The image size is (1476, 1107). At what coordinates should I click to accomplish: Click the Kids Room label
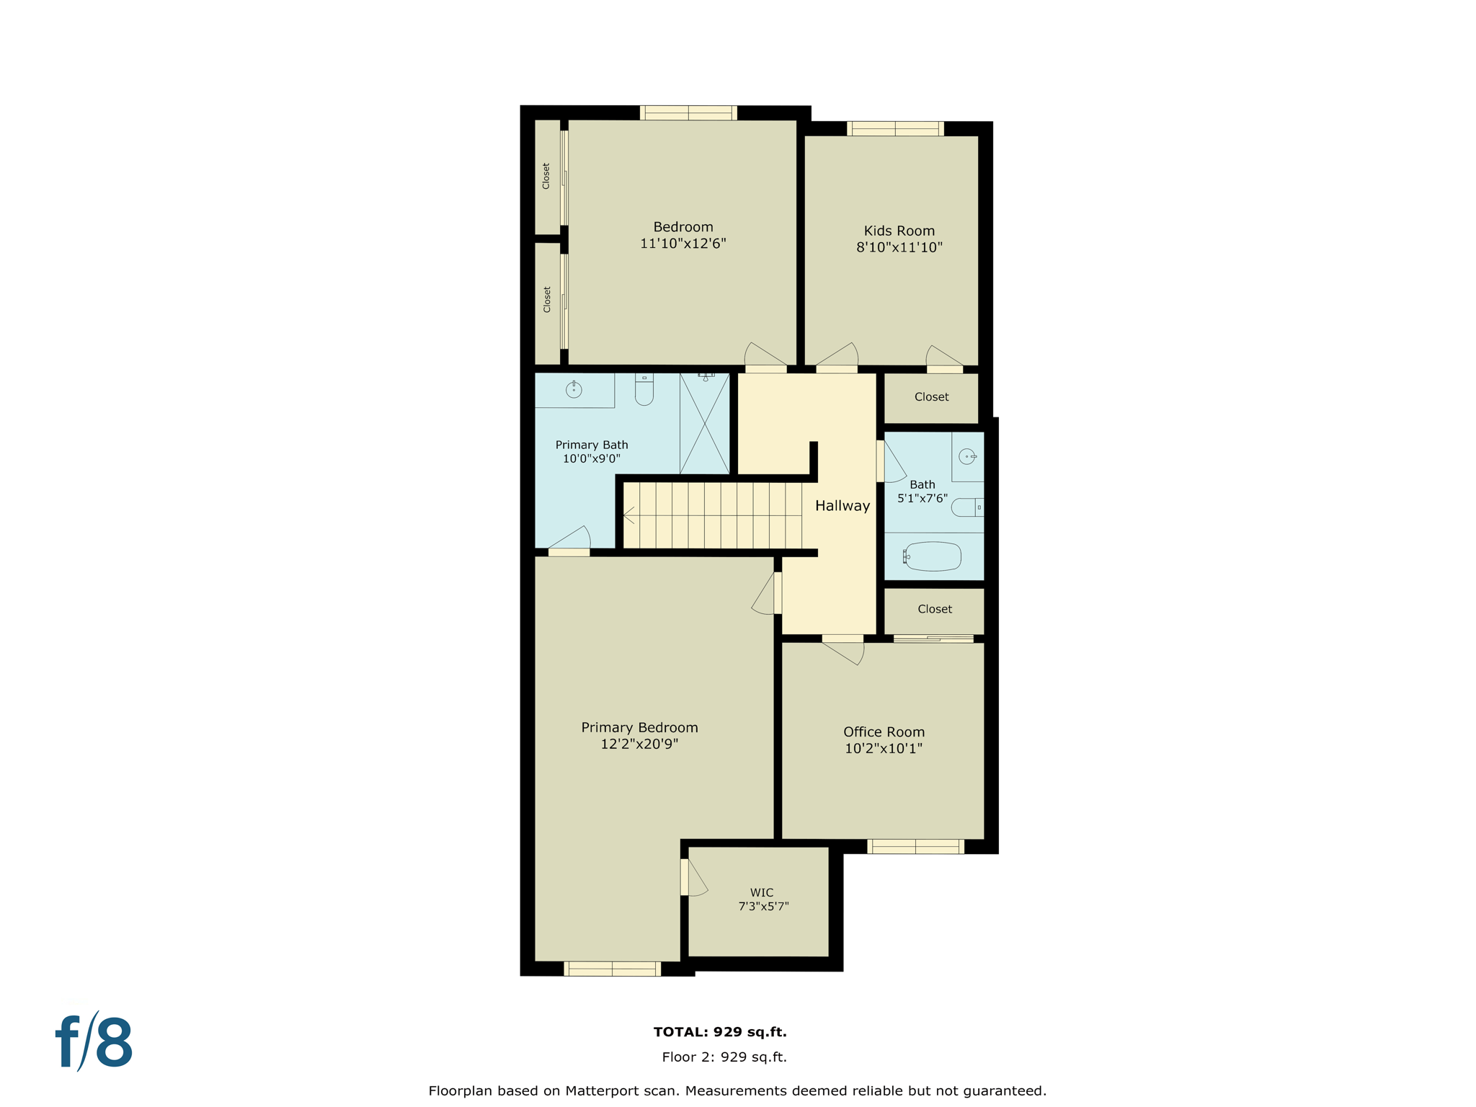tap(899, 231)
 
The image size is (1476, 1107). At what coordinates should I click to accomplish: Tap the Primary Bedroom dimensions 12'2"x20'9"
tap(639, 744)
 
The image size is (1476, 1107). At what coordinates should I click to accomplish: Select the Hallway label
tap(842, 506)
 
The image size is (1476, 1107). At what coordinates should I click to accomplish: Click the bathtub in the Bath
tap(933, 556)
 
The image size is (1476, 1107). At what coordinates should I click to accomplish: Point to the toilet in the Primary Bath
tap(644, 390)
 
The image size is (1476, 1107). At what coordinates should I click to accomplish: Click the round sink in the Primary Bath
tap(574, 390)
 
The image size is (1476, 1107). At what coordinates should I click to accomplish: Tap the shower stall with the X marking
tap(704, 424)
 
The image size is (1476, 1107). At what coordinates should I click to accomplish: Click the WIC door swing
tap(695, 878)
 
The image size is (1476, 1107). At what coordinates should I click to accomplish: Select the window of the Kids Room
tap(895, 129)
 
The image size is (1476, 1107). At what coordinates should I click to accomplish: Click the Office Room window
tap(915, 847)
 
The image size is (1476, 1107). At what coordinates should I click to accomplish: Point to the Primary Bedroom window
tap(612, 969)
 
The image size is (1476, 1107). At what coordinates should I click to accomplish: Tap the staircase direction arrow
tap(628, 515)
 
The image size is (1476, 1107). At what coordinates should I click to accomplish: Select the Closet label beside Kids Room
tap(931, 397)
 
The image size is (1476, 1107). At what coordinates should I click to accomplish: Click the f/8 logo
tap(94, 1042)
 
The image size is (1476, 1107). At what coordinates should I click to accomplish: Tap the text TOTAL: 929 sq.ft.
tap(719, 1032)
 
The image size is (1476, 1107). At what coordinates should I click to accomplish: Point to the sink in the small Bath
tap(967, 457)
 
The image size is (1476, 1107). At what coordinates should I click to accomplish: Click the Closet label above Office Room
tap(934, 609)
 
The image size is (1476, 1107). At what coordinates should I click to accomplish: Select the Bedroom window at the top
tap(688, 112)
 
